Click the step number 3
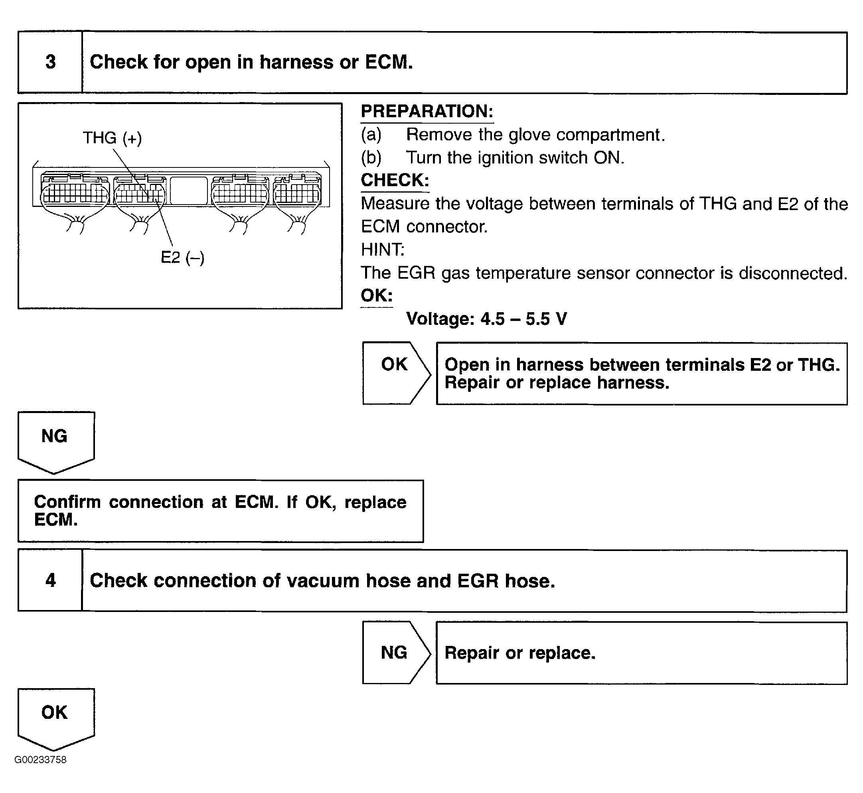tap(51, 62)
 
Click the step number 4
tap(51, 580)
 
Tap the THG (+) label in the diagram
tap(112, 138)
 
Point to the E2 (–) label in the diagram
tap(182, 258)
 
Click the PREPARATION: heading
tap(427, 112)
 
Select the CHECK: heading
tap(395, 180)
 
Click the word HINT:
tap(383, 250)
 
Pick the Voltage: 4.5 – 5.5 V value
tap(486, 319)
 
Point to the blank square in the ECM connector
tap(188, 191)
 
